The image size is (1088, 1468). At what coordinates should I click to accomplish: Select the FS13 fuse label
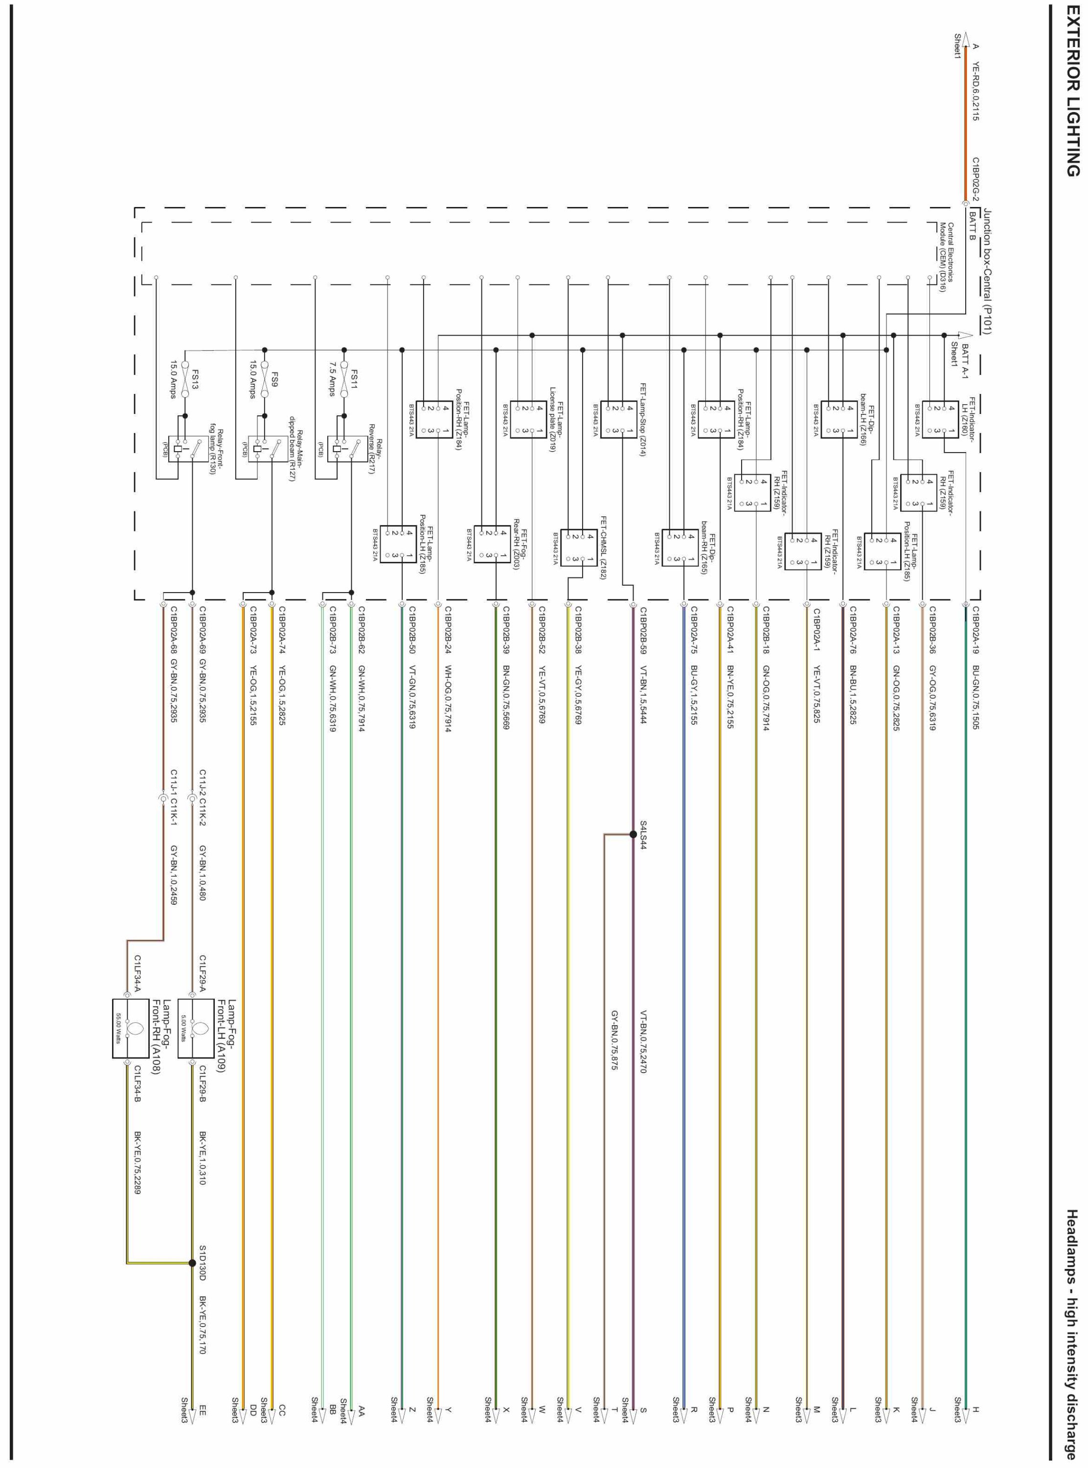tap(196, 379)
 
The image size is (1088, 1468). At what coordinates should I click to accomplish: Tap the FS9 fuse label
tap(274, 379)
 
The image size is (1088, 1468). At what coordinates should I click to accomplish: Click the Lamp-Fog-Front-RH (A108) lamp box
tap(131, 1029)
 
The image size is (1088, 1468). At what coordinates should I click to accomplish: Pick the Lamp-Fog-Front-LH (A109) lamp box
tap(196, 1029)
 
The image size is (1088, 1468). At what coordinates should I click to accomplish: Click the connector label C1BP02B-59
tap(643, 632)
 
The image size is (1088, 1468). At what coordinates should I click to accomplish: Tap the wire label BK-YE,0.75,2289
tap(137, 1163)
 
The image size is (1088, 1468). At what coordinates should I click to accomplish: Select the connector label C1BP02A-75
tap(694, 632)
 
